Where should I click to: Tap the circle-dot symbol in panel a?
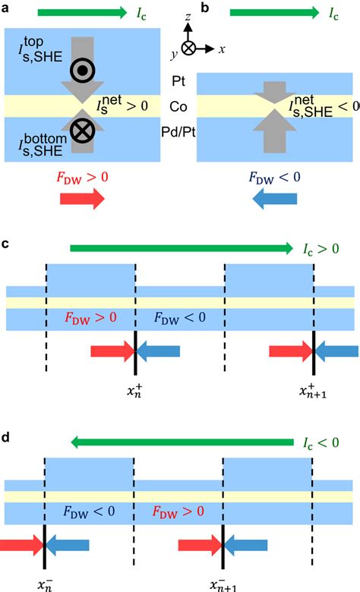pos(80,71)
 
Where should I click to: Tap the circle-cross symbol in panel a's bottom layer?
pos(80,132)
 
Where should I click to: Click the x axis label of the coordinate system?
pos(221,49)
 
